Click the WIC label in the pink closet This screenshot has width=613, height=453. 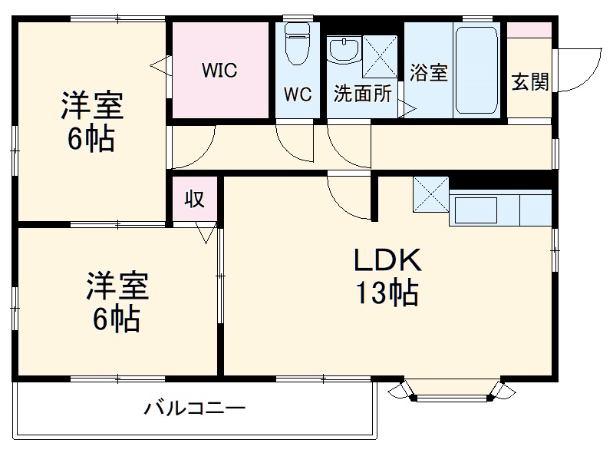[219, 71]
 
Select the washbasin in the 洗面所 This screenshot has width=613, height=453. [342, 52]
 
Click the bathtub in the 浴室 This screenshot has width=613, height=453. [477, 74]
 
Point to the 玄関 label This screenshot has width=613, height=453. [530, 82]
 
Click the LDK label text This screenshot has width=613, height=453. [387, 262]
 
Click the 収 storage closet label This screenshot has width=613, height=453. [195, 199]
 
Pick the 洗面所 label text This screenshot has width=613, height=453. [363, 94]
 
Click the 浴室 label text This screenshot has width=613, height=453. [429, 74]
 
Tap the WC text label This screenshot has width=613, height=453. [298, 94]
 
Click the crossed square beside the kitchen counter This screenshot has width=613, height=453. [430, 195]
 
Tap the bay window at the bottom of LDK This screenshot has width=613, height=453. [453, 389]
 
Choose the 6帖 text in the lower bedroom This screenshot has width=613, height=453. [116, 317]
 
